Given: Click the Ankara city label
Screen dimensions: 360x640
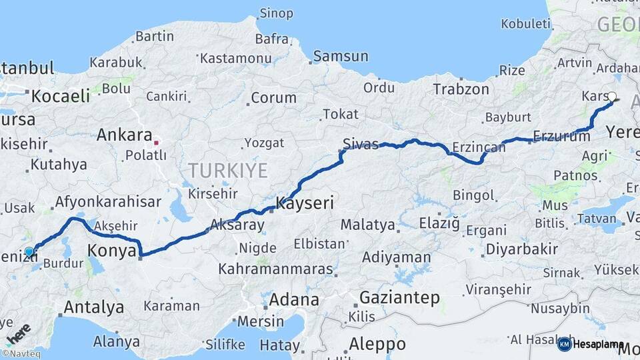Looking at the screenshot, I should coord(125,135).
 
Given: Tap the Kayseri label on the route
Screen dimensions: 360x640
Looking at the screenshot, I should coord(305,203).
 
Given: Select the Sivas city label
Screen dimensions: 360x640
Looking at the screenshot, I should coord(361,143).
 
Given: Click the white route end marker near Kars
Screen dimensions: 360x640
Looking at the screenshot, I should coord(612,97).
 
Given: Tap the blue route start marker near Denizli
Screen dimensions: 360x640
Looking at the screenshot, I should coord(29,252).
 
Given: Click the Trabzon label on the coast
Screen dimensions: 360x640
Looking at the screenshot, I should coord(461,89).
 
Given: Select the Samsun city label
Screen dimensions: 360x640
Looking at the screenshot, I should coord(340,56).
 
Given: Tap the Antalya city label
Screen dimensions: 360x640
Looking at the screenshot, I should coord(93,307).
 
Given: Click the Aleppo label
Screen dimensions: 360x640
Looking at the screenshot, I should coord(377,344).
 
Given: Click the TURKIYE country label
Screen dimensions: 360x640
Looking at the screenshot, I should coord(227,171).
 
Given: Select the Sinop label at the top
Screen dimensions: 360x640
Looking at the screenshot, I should coord(276,13).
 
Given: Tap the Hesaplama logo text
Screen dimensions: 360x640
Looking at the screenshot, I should coord(599,344).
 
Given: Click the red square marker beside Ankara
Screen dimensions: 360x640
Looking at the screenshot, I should coord(156,142).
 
